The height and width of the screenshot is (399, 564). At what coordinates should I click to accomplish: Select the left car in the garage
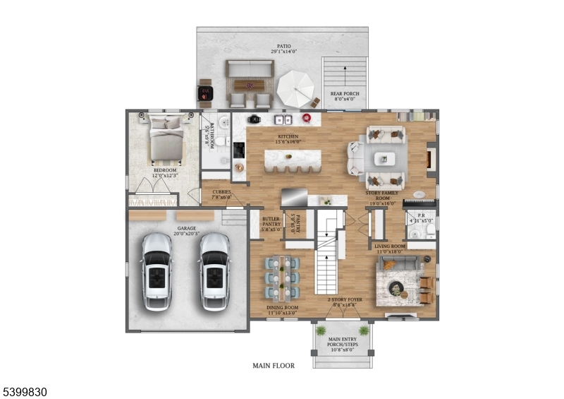pyautogui.click(x=157, y=272)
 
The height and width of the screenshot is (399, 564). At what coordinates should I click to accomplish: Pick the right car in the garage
pyautogui.click(x=214, y=272)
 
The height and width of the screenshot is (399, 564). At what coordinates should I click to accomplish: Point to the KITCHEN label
pyautogui.click(x=288, y=136)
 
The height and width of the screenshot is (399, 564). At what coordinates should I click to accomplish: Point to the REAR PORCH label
pyautogui.click(x=345, y=93)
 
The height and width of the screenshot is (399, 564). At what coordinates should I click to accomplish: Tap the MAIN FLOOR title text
pyautogui.click(x=274, y=366)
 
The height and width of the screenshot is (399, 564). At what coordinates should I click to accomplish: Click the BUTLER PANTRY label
pyautogui.click(x=271, y=222)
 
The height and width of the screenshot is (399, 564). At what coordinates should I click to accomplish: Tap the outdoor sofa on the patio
pyautogui.click(x=250, y=69)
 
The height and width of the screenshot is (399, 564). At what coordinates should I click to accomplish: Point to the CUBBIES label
pyautogui.click(x=222, y=191)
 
